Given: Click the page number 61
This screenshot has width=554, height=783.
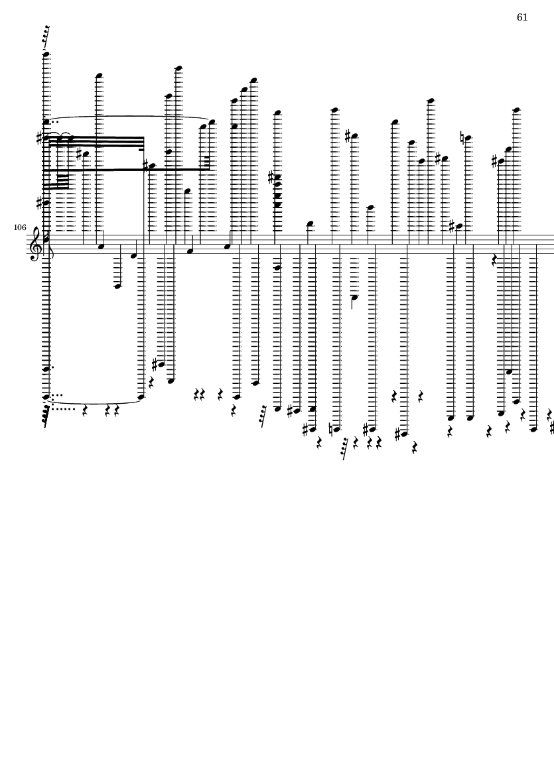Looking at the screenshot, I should pyautogui.click(x=522, y=17).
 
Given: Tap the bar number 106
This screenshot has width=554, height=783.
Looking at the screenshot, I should pyautogui.click(x=20, y=227).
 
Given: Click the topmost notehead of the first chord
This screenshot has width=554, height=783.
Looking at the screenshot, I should pyautogui.click(x=46, y=54).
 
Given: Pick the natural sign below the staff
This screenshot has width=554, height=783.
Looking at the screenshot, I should pyautogui.click(x=333, y=429).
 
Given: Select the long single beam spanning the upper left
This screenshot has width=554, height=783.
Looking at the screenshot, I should pyautogui.click(x=126, y=170).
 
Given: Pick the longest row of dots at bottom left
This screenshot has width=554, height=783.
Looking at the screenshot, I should pyautogui.click(x=63, y=409).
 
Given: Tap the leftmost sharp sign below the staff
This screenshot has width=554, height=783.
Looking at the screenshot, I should pyautogui.click(x=155, y=365).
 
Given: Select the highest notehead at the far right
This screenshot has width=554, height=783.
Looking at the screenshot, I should pyautogui.click(x=517, y=110).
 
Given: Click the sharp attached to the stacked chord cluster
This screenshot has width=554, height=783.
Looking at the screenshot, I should pyautogui.click(x=271, y=177).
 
